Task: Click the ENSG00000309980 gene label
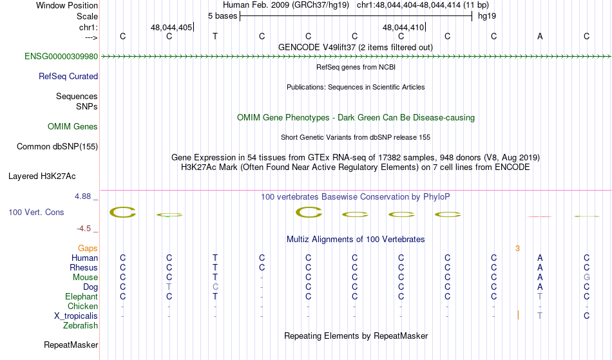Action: pyautogui.click(x=61, y=57)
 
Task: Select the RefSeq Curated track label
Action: pyautogui.click(x=68, y=77)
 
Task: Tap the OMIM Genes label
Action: pyautogui.click(x=73, y=127)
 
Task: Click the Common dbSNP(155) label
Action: pyautogui.click(x=57, y=147)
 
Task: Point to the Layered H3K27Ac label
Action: pyautogui.click(x=42, y=176)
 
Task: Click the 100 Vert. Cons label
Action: pyautogui.click(x=36, y=212)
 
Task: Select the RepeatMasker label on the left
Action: pyautogui.click(x=71, y=345)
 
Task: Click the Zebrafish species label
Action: pyautogui.click(x=81, y=326)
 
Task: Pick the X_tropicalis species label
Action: pyautogui.click(x=76, y=316)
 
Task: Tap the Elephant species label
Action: pyautogui.click(x=82, y=297)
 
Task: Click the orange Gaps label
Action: pyautogui.click(x=88, y=249)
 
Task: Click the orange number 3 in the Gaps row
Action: pyautogui.click(x=517, y=249)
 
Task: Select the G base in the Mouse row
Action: pyautogui.click(x=587, y=278)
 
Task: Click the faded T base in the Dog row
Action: pyautogui.click(x=169, y=287)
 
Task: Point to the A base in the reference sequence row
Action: pyautogui.click(x=540, y=36)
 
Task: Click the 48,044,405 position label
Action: pyautogui.click(x=171, y=27)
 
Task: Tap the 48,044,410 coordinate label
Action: pyautogui.click(x=403, y=27)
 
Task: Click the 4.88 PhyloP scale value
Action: pyautogui.click(x=82, y=196)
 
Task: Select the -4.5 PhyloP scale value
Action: pyautogui.click(x=84, y=229)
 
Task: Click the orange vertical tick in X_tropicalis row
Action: pyautogui.click(x=518, y=315)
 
